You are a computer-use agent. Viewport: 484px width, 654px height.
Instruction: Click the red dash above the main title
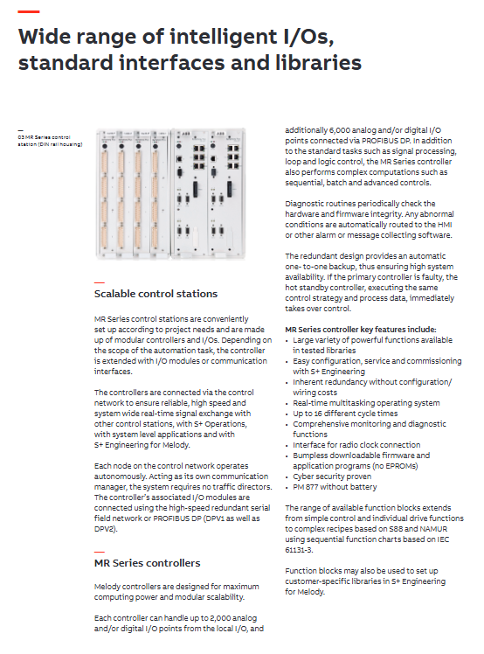click(x=29, y=11)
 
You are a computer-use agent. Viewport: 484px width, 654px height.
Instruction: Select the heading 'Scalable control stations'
click(x=156, y=294)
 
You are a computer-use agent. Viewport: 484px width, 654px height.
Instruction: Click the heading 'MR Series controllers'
click(x=147, y=563)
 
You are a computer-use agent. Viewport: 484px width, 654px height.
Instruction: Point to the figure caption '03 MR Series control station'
click(x=50, y=141)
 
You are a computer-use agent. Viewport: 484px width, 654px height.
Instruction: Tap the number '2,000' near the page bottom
click(x=220, y=617)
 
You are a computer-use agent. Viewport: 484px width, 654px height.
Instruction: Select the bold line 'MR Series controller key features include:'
click(x=361, y=330)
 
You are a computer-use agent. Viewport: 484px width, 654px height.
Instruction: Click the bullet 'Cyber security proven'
click(x=332, y=477)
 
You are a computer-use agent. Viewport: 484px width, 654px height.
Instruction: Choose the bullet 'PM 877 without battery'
click(x=335, y=487)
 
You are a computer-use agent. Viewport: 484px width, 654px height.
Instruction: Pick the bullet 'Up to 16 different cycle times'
click(x=345, y=414)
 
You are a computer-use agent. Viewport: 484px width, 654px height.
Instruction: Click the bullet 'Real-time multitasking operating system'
click(x=366, y=403)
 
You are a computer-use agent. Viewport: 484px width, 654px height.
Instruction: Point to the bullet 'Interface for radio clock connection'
click(x=356, y=445)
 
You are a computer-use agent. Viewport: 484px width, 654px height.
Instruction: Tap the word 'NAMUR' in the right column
click(x=433, y=529)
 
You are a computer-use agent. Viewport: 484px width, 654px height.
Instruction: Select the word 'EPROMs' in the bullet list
click(x=402, y=466)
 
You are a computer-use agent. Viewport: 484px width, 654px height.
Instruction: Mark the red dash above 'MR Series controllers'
click(x=100, y=552)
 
